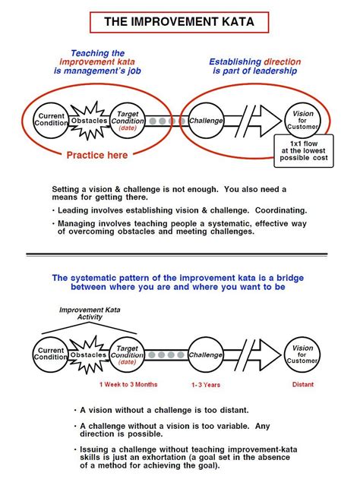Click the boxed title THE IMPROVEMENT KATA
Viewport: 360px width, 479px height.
point(179,22)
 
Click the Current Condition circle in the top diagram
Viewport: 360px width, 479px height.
point(51,120)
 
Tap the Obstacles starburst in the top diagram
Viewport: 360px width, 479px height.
point(89,120)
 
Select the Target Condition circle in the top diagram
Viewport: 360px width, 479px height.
point(128,120)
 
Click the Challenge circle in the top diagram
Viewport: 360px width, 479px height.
point(205,120)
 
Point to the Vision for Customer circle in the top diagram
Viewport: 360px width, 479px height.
point(302,120)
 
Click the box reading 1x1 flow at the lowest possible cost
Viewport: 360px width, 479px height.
point(302,151)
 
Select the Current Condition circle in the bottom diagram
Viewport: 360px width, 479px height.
point(51,354)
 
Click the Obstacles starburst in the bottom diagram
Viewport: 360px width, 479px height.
point(89,354)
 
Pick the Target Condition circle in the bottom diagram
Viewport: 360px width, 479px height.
point(128,354)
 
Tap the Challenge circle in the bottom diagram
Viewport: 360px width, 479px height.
point(205,354)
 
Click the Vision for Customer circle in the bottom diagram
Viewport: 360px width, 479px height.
point(302,354)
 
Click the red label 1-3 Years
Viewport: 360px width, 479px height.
point(205,385)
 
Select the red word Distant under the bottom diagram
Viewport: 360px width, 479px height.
point(302,384)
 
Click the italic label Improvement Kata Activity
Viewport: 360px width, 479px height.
point(90,314)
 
